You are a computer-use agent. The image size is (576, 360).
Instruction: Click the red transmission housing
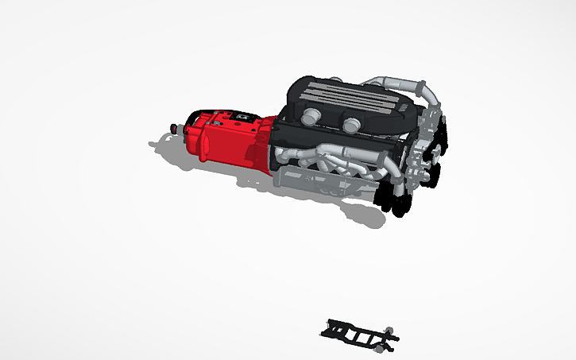pos(218,141)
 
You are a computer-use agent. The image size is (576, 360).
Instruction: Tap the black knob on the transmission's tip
pos(175,127)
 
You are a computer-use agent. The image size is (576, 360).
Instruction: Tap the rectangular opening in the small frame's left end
pos(334,328)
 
